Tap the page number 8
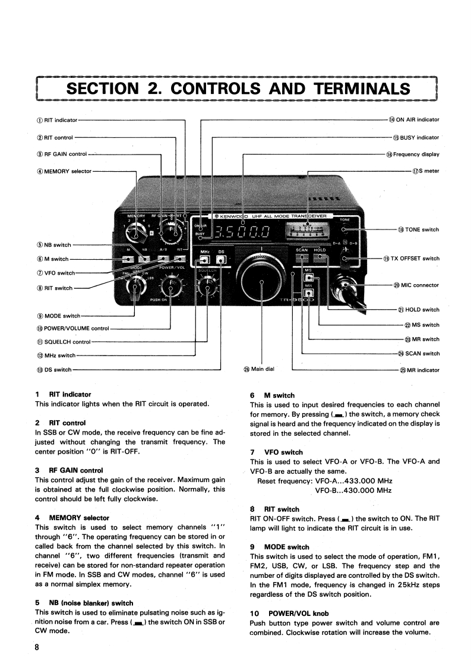pos(38,647)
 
